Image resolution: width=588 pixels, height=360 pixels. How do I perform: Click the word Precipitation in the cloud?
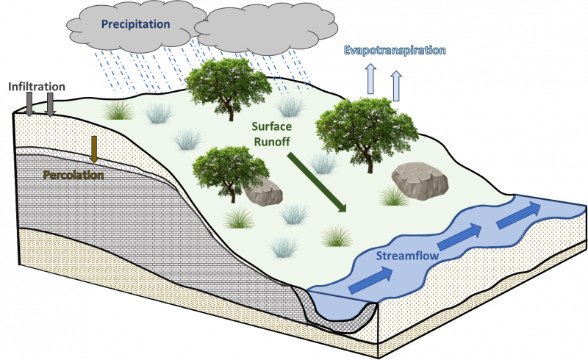click(136, 24)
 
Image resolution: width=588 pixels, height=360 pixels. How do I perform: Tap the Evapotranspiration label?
click(395, 50)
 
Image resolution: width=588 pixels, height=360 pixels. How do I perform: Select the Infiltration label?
click(37, 87)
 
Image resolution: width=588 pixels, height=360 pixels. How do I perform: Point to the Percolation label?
click(73, 175)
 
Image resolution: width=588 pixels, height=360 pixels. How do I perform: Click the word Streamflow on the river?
click(407, 256)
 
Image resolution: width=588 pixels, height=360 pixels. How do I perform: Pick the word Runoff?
click(271, 142)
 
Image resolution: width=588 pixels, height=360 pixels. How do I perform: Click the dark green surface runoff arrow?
click(317, 182)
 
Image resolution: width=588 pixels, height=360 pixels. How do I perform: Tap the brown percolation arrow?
click(94, 149)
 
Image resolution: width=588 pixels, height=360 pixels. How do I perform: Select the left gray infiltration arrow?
click(29, 104)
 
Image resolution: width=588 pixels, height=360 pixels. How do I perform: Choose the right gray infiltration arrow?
click(50, 104)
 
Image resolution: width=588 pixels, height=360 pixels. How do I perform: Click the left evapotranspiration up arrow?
click(371, 79)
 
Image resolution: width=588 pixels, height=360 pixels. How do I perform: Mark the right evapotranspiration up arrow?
click(396, 85)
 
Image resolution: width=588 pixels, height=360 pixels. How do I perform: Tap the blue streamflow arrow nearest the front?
click(371, 280)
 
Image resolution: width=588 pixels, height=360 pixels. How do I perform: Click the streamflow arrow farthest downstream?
click(519, 215)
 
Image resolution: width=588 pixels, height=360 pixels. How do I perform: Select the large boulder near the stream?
click(420, 181)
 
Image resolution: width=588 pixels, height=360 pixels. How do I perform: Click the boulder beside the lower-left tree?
click(263, 192)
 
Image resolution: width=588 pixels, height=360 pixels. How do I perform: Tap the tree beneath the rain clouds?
click(229, 88)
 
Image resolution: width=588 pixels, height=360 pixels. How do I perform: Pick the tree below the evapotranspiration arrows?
click(366, 134)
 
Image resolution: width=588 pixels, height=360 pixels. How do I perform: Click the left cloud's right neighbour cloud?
click(266, 29)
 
